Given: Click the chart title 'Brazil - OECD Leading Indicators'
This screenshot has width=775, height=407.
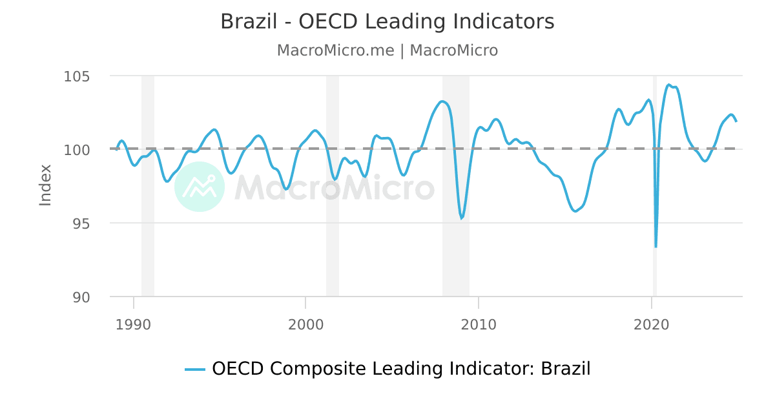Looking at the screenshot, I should [387, 22].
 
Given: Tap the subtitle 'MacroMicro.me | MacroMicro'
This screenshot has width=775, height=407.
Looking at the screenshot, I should [387, 50].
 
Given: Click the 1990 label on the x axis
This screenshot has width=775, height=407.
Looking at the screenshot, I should [134, 324].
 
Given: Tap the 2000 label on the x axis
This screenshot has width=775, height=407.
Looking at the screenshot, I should [305, 324].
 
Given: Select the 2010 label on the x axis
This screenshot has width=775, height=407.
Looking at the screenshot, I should [479, 324].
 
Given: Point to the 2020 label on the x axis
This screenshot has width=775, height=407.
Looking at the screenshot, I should [652, 324].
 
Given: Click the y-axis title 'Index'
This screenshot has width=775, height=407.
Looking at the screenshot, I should [45, 185].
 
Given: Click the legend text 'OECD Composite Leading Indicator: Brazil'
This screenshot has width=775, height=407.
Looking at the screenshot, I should [401, 369].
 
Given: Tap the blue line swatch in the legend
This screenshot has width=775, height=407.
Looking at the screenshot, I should [195, 370].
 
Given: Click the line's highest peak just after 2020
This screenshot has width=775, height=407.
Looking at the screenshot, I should [669, 85].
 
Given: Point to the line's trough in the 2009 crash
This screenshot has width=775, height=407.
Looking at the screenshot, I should [462, 218].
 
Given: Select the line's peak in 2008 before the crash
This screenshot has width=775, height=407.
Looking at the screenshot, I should [442, 101].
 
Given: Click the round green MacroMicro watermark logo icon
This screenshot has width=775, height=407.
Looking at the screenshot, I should [200, 187].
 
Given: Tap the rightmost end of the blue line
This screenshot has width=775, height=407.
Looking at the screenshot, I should [736, 121].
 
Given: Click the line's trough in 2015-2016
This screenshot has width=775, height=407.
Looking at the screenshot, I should [575, 211].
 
